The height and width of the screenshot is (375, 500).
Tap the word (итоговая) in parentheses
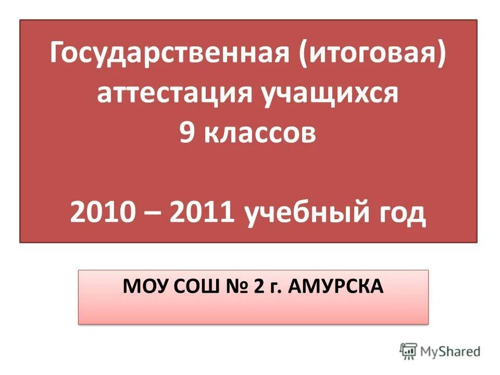(x=372, y=55)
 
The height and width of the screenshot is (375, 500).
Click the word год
(x=400, y=214)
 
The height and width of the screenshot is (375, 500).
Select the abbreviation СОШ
(x=191, y=285)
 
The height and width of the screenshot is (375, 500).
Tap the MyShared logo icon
(x=409, y=351)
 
